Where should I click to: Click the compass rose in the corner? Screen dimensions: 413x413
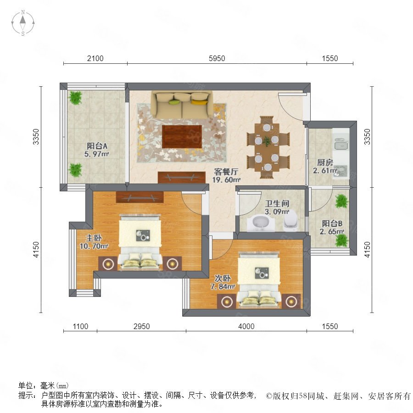23,23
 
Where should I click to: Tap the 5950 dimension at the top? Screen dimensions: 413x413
217,58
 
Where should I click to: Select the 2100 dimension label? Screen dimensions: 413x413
95,58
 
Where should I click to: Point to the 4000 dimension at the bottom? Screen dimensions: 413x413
246,326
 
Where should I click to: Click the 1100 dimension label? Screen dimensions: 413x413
80,326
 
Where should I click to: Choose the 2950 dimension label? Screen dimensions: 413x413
141,326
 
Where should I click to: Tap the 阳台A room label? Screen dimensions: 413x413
97,145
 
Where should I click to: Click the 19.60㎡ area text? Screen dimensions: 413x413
226,180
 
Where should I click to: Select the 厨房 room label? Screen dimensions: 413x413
325,162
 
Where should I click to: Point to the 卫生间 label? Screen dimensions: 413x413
277,203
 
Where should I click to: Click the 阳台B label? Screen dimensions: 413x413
332,223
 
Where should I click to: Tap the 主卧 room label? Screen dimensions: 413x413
94,238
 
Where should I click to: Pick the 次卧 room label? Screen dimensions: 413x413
223,278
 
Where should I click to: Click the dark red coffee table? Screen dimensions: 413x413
182,137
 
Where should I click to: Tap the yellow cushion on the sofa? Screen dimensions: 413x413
200,102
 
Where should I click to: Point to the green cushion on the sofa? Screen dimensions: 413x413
174,102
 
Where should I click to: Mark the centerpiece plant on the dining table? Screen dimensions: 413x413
267,141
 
